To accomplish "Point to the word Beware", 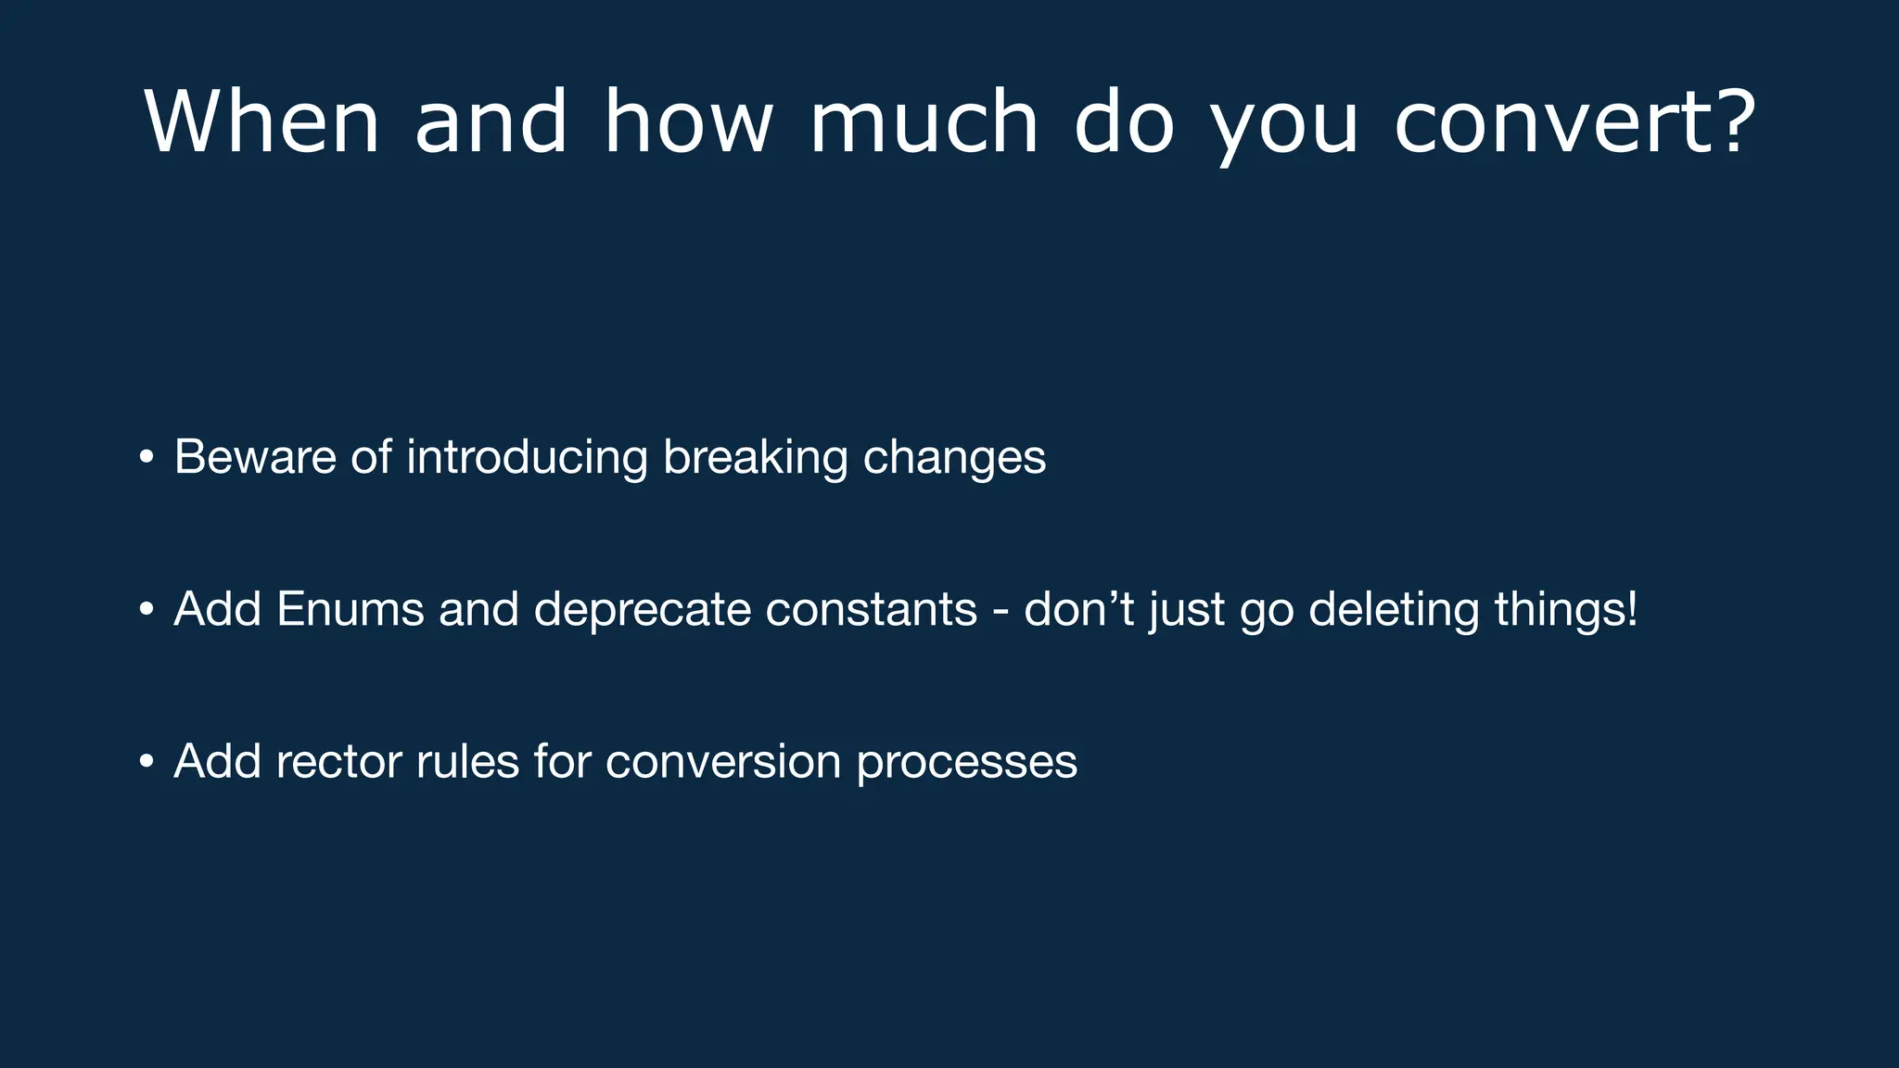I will pyautogui.click(x=255, y=457).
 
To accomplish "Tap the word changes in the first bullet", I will pyautogui.click(x=954, y=457).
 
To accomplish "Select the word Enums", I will pyautogui.click(x=350, y=609).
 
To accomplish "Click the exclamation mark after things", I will pyautogui.click(x=1633, y=609).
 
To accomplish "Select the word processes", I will pyautogui.click(x=966, y=762).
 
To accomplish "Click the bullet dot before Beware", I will pyautogui.click(x=147, y=457).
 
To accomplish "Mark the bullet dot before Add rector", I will pyautogui.click(x=147, y=762).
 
